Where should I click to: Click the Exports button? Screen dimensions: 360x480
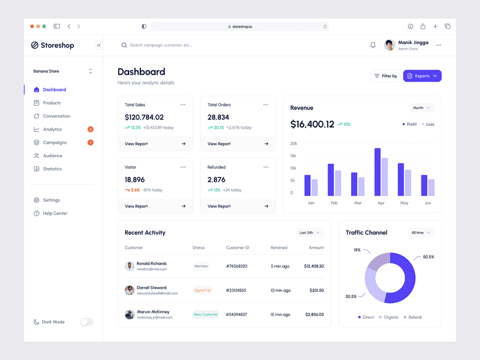click(x=422, y=76)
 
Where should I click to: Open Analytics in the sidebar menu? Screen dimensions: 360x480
click(x=52, y=129)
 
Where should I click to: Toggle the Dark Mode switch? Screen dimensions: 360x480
click(x=86, y=322)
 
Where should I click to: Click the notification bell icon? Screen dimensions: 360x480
click(x=373, y=45)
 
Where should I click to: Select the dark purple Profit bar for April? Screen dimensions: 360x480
click(x=377, y=172)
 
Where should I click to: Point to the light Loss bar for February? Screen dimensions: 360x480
click(x=338, y=183)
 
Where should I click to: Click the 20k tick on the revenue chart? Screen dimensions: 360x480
click(x=294, y=144)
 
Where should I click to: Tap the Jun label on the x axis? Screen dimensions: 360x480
click(x=428, y=203)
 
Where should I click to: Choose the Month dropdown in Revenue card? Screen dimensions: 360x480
click(x=421, y=108)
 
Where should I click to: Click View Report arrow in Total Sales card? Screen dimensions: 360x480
click(x=184, y=144)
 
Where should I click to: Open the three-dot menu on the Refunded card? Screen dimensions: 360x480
click(x=266, y=167)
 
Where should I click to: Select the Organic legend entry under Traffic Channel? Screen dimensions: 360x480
click(x=389, y=317)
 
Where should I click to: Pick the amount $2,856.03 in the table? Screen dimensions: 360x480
click(x=314, y=314)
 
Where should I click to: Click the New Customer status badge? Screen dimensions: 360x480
click(x=206, y=314)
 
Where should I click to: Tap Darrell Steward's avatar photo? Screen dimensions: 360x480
click(x=129, y=290)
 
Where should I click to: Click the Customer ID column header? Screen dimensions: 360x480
click(x=238, y=248)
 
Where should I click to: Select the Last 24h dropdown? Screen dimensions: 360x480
click(x=310, y=232)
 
